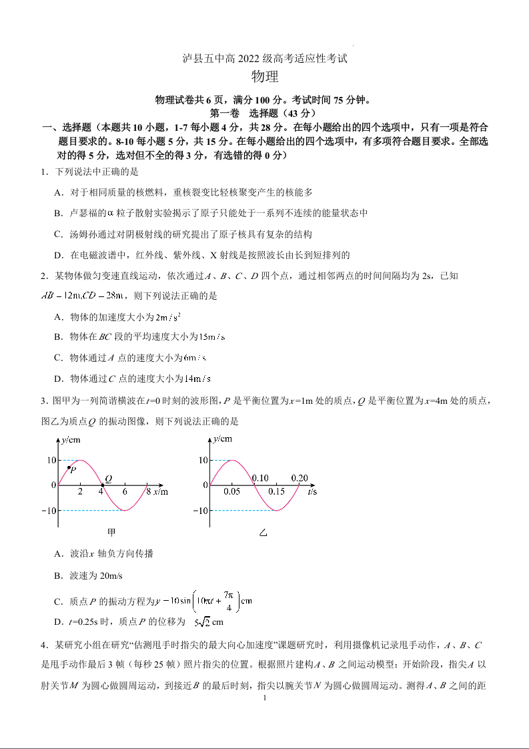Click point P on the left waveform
69,467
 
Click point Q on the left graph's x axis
102,485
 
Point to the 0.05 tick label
232,492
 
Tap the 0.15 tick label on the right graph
276,492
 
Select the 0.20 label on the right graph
300,478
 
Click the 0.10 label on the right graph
260,478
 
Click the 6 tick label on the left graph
124,492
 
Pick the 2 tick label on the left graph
81,492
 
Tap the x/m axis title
160,492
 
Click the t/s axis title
312,492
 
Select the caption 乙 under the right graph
263,532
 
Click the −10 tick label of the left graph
49,511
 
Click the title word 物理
265,77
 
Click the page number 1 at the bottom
265,698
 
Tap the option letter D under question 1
58,255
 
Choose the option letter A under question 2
58,317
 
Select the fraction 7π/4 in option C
228,601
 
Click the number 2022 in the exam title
253,59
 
